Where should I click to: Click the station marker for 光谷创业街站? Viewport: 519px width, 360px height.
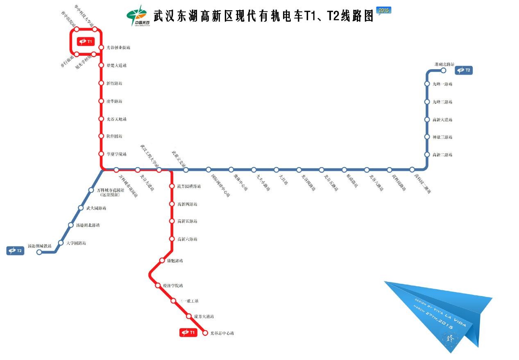coord(101,47)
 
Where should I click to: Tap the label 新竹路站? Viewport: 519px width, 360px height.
coord(114,83)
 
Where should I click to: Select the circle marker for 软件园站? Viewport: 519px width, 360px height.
coord(101,136)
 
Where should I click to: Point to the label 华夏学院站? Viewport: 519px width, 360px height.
coord(116,154)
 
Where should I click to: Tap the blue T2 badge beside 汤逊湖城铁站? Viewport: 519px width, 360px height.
coord(15,251)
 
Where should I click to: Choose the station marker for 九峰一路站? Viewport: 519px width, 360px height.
coord(427,84)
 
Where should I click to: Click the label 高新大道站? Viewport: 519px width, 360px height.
coord(442,120)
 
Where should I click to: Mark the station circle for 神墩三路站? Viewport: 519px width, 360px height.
coord(427,137)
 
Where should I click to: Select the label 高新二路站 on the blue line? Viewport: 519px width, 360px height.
coord(442,155)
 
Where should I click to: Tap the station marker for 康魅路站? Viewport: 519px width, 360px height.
coord(162,260)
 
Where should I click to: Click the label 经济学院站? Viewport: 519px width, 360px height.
coord(173,285)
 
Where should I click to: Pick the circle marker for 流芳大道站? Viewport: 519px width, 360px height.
coord(189,316)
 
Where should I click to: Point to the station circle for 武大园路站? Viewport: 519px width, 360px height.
coord(81,208)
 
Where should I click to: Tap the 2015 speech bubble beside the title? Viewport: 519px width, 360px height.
coord(384,10)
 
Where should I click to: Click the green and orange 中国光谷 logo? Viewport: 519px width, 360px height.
coord(138,16)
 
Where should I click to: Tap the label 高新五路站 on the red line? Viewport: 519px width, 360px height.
coord(187,221)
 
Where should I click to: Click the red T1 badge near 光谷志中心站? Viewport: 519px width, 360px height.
coord(189,333)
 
